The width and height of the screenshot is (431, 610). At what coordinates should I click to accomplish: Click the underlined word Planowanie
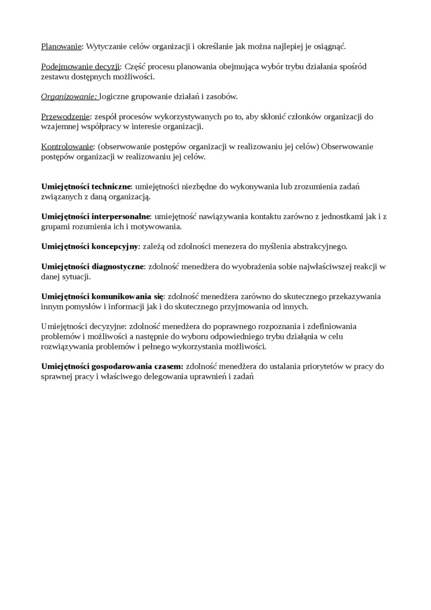62,47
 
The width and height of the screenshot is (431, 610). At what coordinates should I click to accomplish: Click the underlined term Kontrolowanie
67,146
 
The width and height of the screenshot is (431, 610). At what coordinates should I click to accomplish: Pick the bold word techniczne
111,186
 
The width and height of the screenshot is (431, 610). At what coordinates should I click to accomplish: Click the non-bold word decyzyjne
108,326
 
